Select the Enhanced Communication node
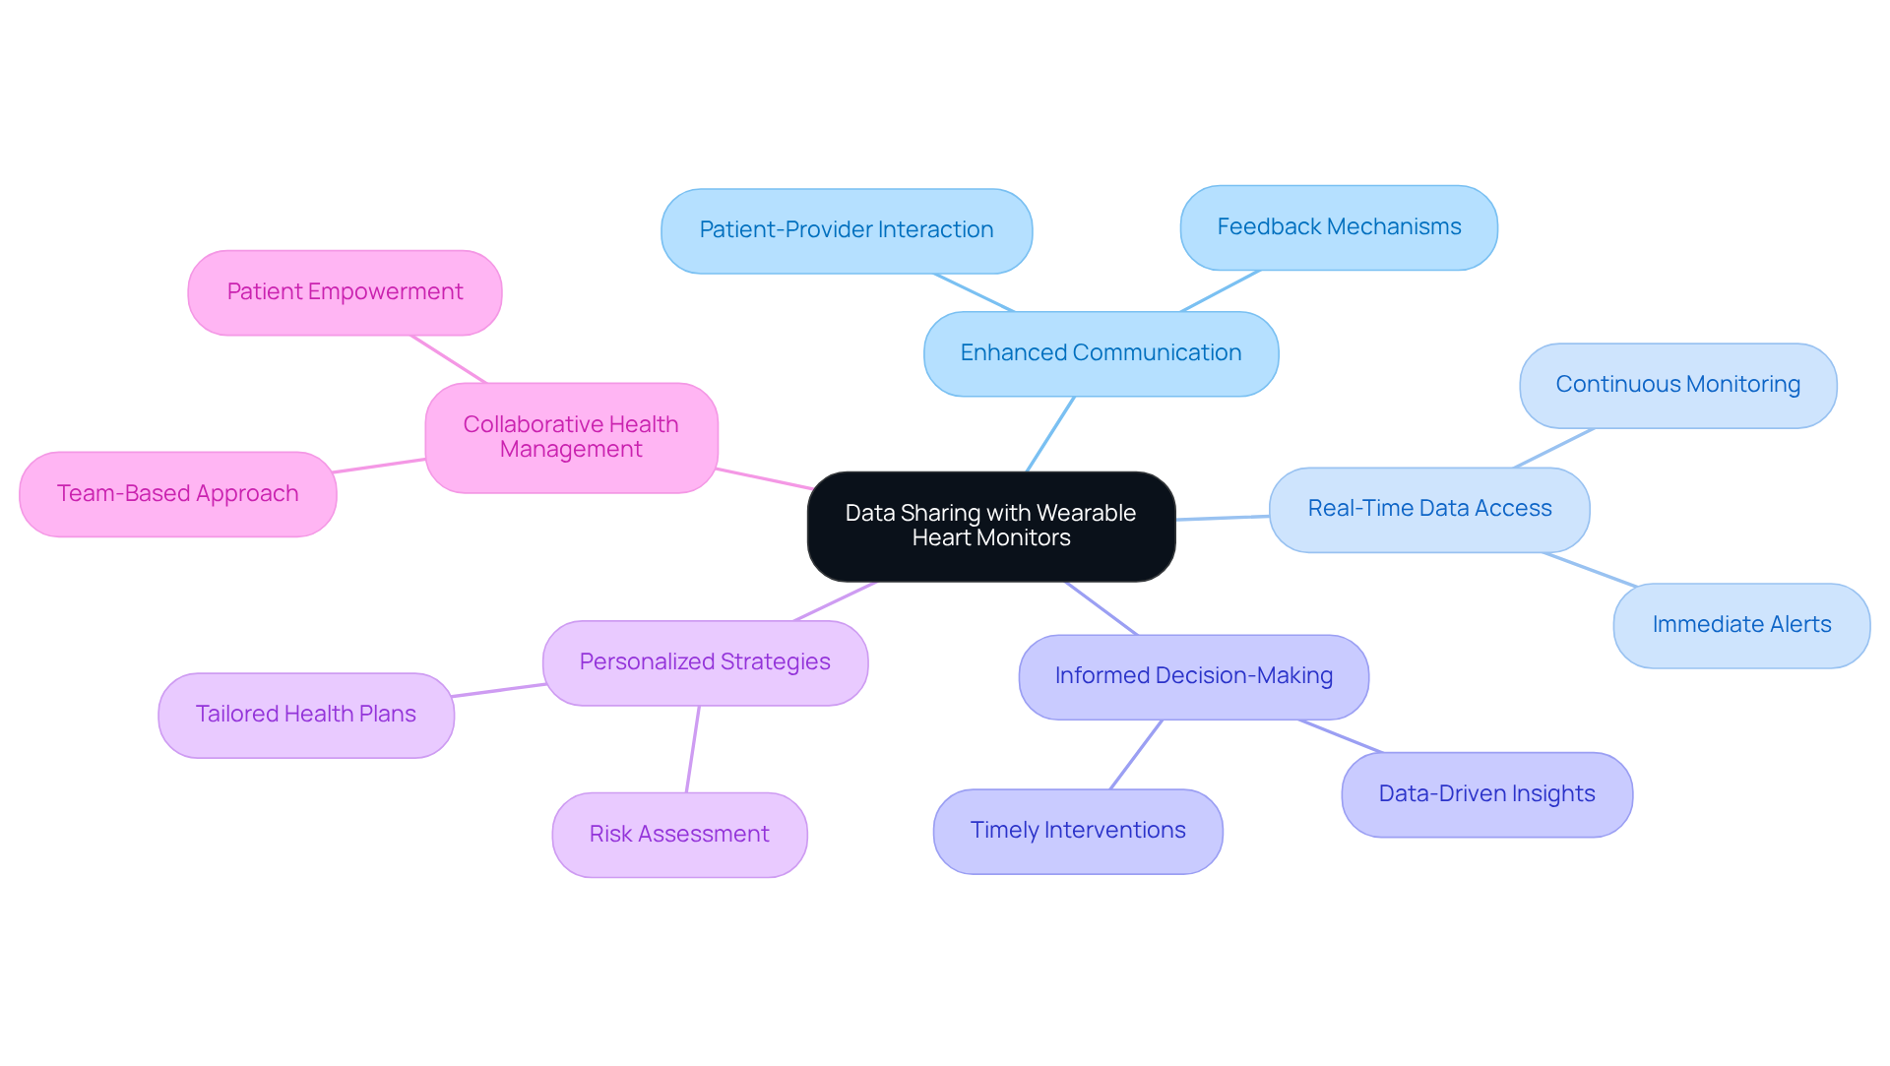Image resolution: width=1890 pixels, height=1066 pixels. [x=1101, y=353]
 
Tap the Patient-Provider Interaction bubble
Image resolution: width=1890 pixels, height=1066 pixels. [x=846, y=230]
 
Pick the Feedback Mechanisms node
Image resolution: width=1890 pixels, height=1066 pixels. [x=1338, y=227]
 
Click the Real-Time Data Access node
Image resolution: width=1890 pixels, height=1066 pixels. [x=1428, y=509]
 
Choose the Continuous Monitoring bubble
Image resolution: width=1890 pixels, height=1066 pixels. [x=1676, y=385]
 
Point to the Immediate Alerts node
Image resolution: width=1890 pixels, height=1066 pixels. [x=1740, y=625]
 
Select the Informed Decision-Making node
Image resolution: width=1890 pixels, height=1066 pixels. [x=1193, y=676]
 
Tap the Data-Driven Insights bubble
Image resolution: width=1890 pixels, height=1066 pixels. [x=1485, y=794]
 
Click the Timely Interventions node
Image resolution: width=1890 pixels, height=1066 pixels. [x=1077, y=831]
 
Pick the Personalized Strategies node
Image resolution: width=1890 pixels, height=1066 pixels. [x=705, y=662]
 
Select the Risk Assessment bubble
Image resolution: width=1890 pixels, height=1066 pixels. [x=679, y=835]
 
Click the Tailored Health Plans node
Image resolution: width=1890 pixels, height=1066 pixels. [x=305, y=715]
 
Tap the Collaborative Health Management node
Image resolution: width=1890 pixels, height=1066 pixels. [x=571, y=437]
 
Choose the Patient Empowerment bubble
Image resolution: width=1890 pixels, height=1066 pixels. [x=345, y=292]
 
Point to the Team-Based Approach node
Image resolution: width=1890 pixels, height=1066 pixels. [x=177, y=494]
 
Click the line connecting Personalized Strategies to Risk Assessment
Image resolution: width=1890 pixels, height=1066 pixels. [x=693, y=749]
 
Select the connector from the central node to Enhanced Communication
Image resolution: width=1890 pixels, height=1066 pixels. [x=1050, y=434]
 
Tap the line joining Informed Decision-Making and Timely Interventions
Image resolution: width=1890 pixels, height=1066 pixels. [x=1137, y=754]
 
